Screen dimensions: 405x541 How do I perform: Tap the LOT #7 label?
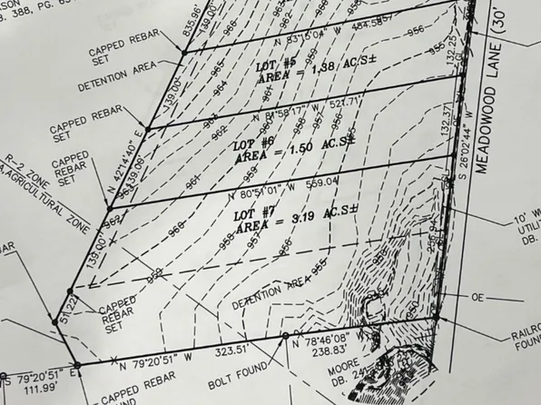click(x=255, y=214)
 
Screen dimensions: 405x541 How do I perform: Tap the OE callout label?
click(x=479, y=297)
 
